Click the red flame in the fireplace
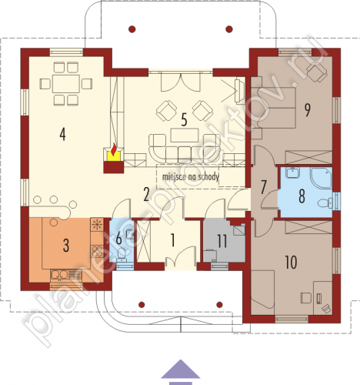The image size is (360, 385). [114, 149]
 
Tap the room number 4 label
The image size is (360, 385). [62, 135]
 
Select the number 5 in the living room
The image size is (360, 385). [184, 120]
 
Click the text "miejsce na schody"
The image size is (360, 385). [191, 176]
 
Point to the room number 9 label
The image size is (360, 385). [307, 110]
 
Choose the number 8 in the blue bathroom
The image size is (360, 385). [302, 196]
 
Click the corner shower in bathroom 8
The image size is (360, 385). [322, 178]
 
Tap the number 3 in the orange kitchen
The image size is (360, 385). [66, 246]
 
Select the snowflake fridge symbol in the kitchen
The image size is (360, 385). [97, 225]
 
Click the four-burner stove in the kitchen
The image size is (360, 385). [97, 251]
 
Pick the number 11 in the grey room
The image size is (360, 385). [222, 241]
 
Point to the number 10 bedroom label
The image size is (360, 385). [291, 263]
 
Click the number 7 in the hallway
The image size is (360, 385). [263, 187]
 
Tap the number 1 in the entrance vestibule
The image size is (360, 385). [173, 240]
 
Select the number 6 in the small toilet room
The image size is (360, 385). [118, 239]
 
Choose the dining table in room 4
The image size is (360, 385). [66, 84]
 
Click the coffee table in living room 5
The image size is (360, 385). [185, 136]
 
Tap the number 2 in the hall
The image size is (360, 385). [146, 194]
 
